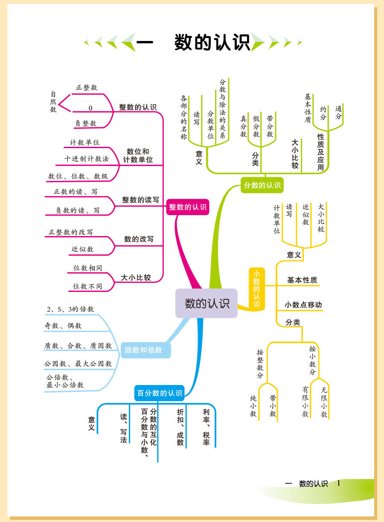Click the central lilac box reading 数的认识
207,303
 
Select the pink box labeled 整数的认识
188,207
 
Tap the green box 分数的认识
262,185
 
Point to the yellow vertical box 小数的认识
256,288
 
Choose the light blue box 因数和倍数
143,350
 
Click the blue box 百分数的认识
160,393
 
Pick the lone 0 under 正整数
90,108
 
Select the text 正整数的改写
70,232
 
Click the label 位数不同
87,286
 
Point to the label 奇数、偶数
63,326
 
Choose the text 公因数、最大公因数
78,364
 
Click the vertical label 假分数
256,126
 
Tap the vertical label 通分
338,112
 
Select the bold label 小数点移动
303,305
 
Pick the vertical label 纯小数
253,406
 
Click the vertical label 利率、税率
206,427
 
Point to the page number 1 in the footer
339,483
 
